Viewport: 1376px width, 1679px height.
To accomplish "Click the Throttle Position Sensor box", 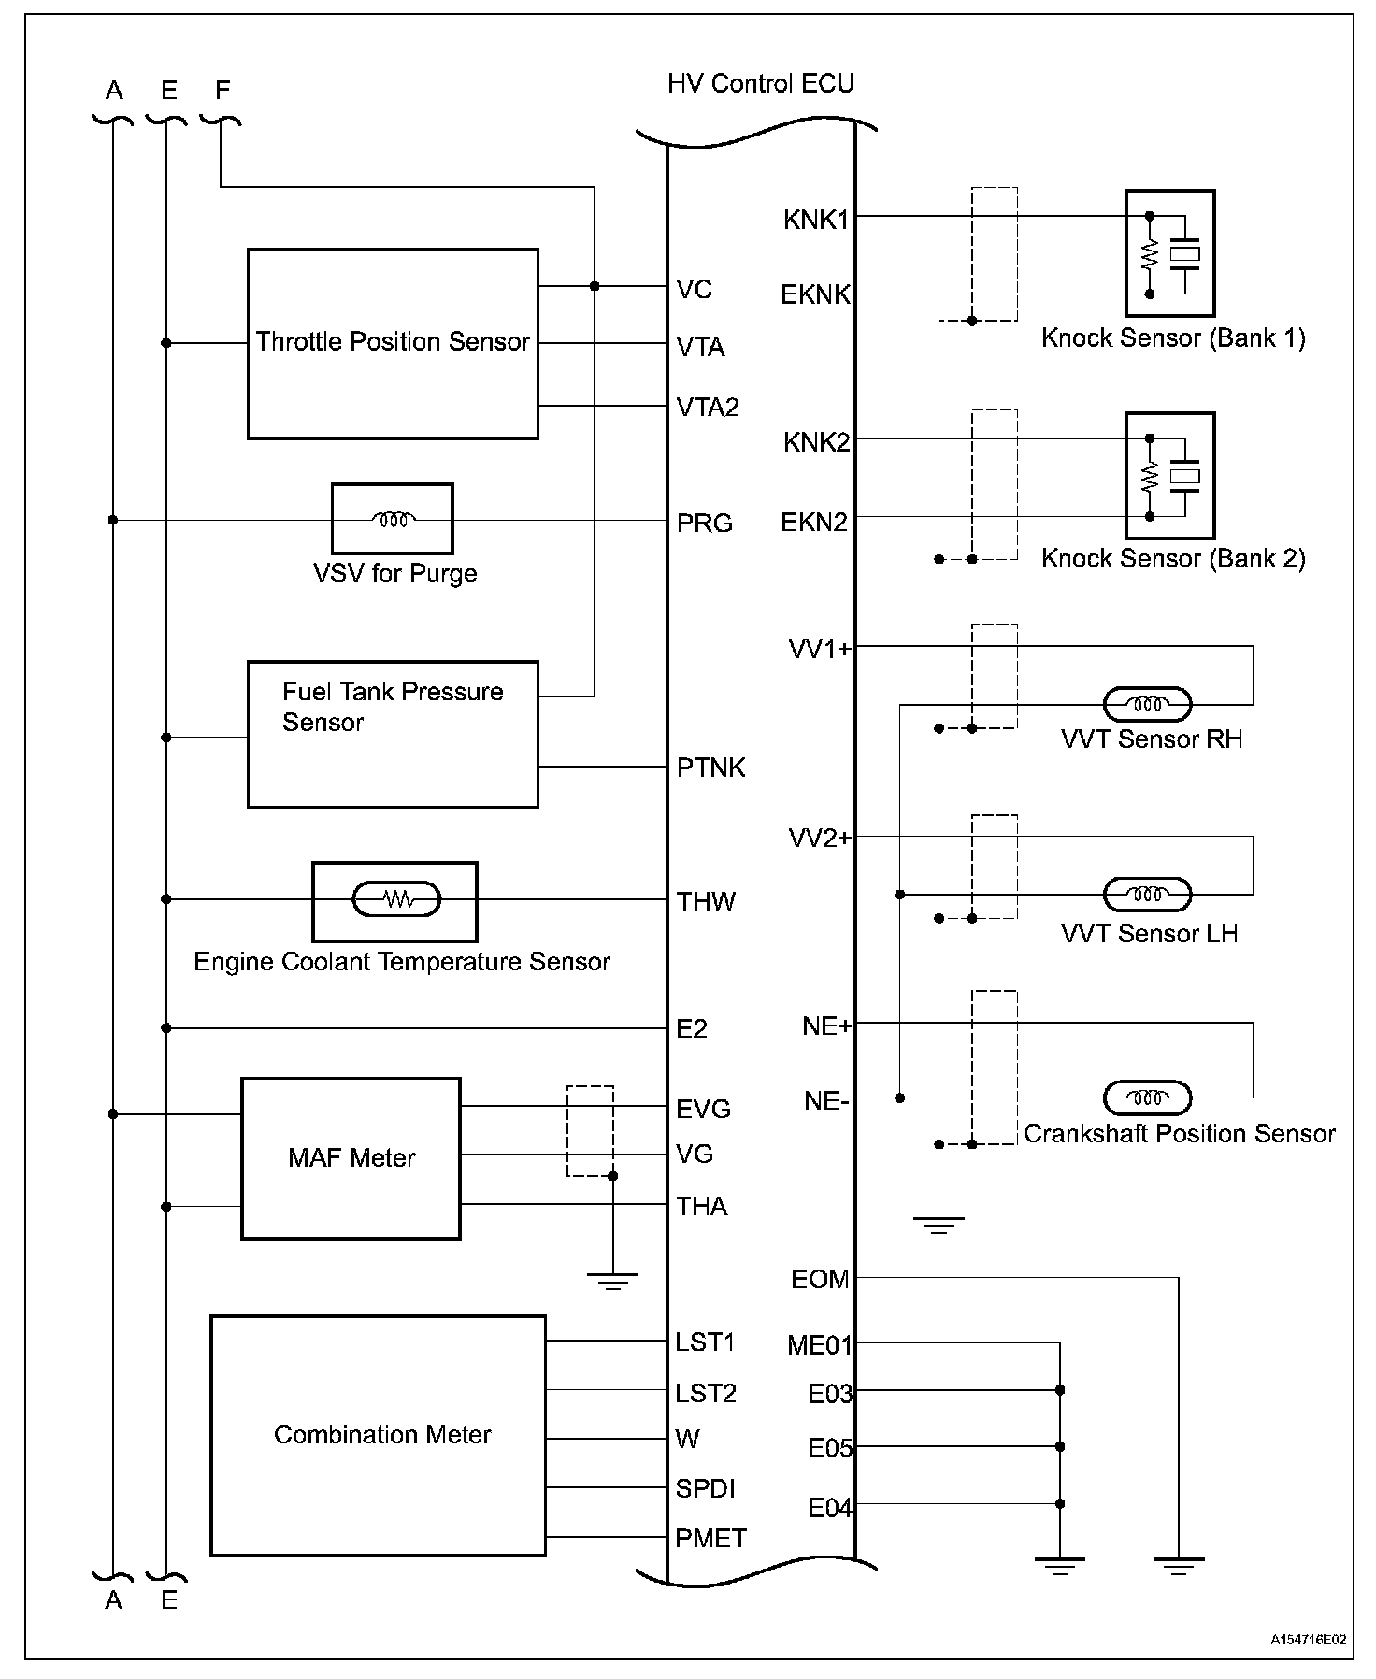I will point(393,343).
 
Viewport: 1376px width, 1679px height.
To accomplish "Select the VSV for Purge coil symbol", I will point(393,519).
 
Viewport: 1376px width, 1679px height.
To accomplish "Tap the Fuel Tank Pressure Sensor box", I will point(393,734).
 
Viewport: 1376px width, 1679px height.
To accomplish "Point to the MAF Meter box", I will point(351,1158).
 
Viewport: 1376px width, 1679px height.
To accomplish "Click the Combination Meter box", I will point(378,1435).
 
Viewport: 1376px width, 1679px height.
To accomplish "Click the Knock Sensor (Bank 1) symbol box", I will point(1169,253).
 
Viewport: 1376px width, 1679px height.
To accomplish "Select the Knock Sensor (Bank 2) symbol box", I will point(1169,476).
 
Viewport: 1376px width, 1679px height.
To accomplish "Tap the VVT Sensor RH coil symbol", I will point(1148,704).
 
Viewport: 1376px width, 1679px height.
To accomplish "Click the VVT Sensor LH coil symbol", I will point(1148,895).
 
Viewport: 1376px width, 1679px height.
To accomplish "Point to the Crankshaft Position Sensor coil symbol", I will point(1148,1098).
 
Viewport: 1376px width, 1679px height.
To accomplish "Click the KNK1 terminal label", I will point(816,221).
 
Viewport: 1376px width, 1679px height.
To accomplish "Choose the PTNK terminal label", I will point(710,768).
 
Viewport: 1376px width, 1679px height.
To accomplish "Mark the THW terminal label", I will point(706,901).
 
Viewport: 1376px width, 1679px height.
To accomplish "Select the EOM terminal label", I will point(820,1279).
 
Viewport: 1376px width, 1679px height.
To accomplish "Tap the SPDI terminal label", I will point(706,1488).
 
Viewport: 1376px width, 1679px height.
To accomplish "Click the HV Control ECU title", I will point(760,84).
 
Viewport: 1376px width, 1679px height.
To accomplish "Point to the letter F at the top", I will point(222,90).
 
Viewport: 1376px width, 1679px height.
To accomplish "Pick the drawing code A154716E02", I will point(1308,1640).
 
